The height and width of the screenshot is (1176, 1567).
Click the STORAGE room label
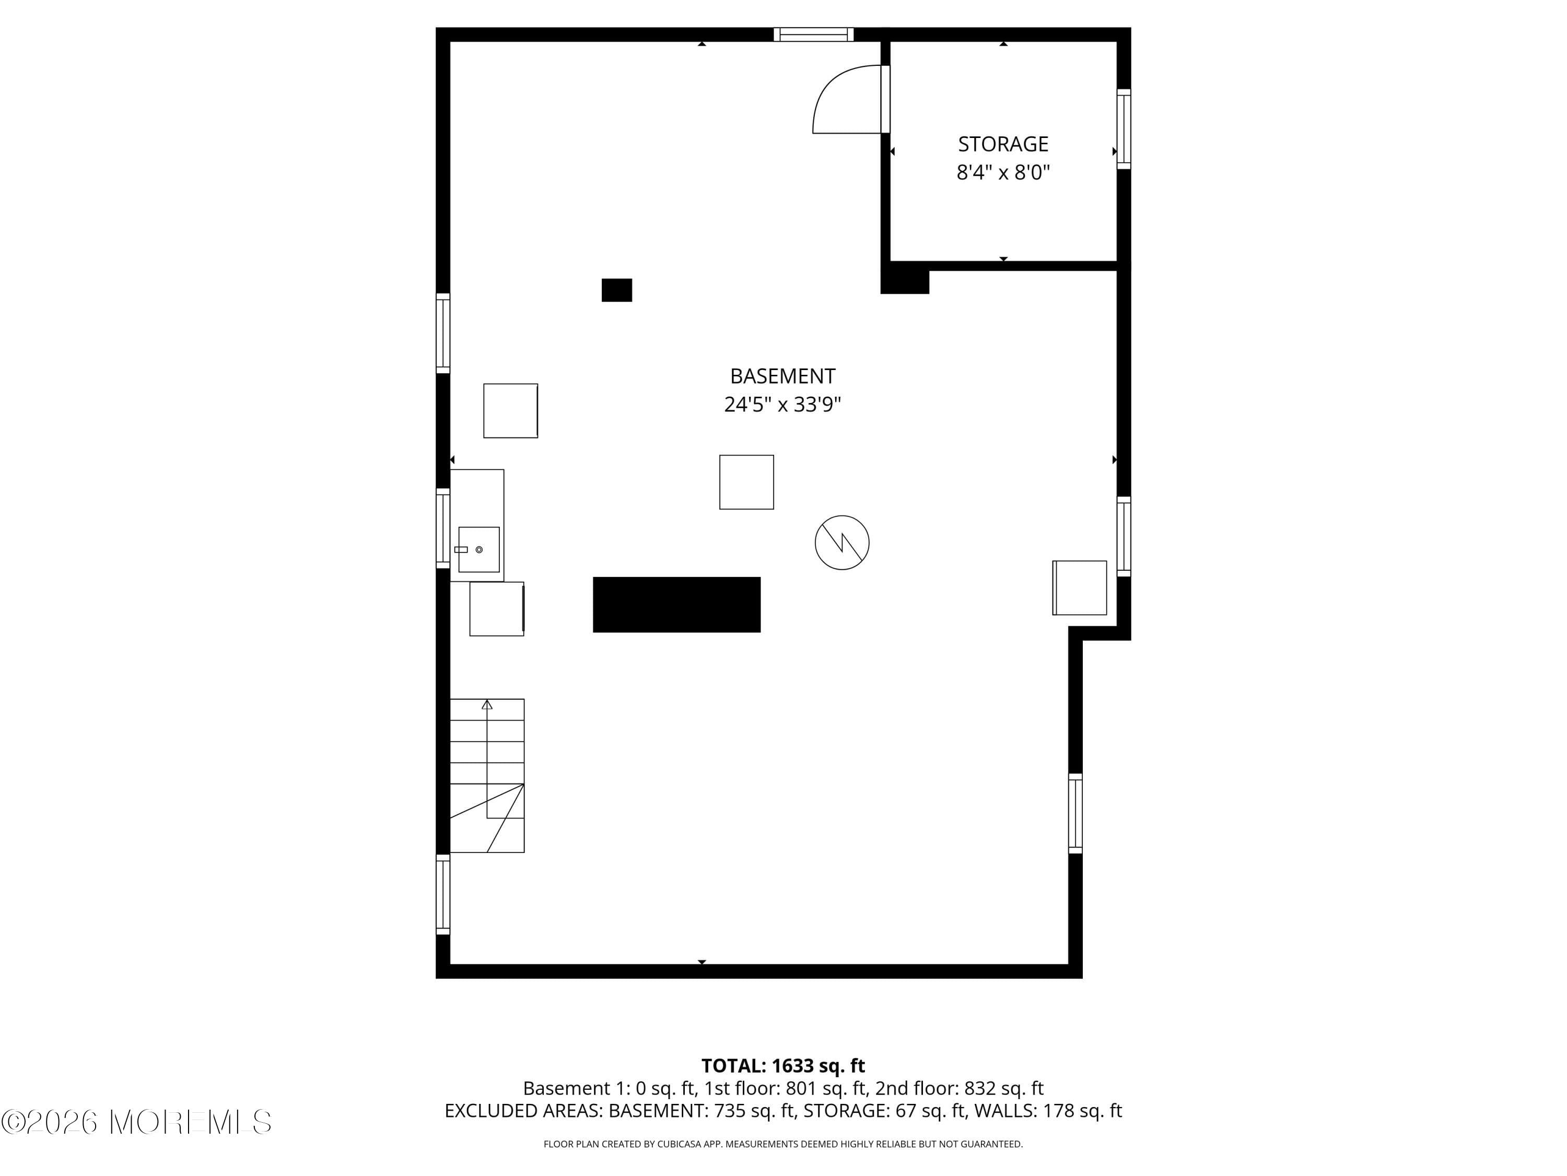1002,144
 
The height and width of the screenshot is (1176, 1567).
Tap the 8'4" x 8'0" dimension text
1002,172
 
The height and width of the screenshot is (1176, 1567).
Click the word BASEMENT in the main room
782,376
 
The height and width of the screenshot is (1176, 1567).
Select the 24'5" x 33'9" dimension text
782,404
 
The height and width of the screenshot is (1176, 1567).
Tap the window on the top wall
813,34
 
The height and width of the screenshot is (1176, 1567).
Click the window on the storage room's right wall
1123,129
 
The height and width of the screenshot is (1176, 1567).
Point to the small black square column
616,290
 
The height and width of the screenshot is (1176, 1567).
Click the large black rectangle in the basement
676,604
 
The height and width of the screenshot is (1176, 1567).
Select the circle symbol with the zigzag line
841,543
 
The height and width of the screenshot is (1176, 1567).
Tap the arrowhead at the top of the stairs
487,705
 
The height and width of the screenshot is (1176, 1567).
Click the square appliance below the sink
496,609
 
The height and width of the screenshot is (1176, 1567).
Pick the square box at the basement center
746,482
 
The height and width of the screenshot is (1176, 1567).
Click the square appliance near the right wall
1079,587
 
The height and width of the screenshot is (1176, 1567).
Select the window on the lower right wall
1074,813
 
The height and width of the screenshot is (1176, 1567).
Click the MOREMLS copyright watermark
136,1122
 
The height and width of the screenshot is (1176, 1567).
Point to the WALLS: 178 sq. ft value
1047,1111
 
